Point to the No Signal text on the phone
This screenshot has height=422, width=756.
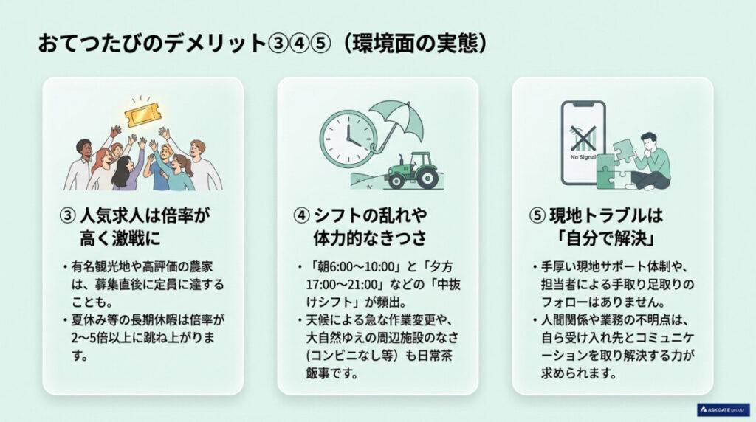pos(583,156)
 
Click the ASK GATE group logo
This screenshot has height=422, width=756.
pos(723,409)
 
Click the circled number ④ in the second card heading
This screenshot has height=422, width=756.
pos(301,217)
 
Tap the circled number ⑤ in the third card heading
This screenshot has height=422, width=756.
pos(537,217)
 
